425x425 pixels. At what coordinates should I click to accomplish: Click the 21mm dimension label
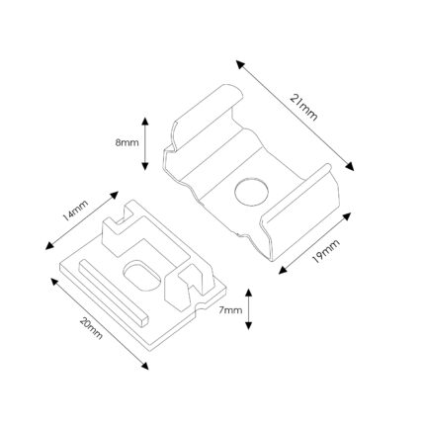[x=303, y=108]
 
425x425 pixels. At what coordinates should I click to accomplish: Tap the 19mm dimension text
[x=325, y=251]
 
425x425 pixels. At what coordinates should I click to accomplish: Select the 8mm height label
[x=127, y=143]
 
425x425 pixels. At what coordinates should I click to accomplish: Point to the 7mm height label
[x=230, y=310]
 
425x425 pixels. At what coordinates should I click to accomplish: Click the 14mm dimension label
[x=75, y=211]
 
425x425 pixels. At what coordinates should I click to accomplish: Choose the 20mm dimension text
[x=91, y=328]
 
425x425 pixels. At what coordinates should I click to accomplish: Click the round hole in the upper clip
[x=252, y=192]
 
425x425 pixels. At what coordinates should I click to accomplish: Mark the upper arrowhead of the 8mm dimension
[x=145, y=121]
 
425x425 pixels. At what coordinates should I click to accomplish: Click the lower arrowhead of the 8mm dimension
[x=145, y=166]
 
